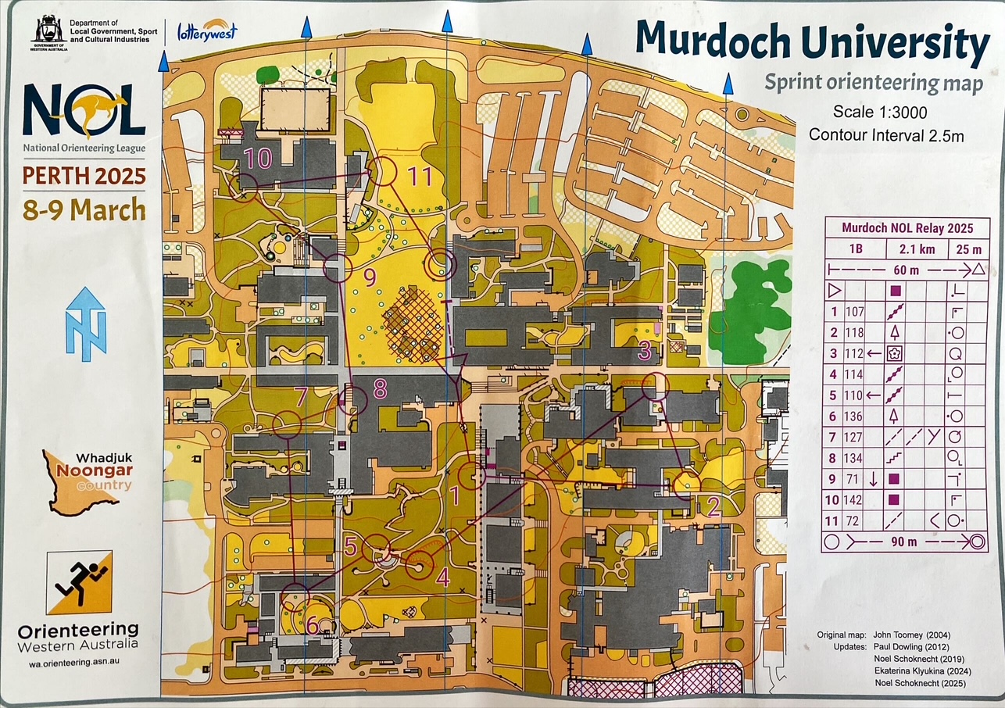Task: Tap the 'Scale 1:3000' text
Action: pyautogui.click(x=880, y=112)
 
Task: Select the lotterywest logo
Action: pyautogui.click(x=207, y=31)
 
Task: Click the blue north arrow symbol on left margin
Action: pyautogui.click(x=85, y=324)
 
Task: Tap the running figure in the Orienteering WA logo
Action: pyautogui.click(x=78, y=583)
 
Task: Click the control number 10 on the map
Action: pyautogui.click(x=257, y=159)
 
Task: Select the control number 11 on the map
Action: pyautogui.click(x=419, y=177)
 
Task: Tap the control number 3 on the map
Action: pyautogui.click(x=645, y=351)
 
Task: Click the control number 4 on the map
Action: pyautogui.click(x=443, y=578)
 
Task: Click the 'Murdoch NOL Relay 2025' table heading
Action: pyautogui.click(x=907, y=228)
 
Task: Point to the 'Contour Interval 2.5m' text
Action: pyautogui.click(x=885, y=135)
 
